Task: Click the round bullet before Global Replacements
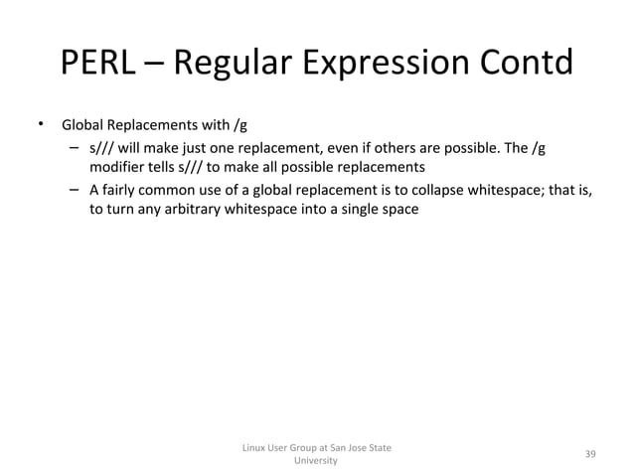(x=41, y=125)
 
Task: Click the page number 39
(x=590, y=454)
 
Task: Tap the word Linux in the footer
(x=256, y=448)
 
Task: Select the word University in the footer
(x=316, y=462)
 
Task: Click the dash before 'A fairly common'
(x=75, y=190)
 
